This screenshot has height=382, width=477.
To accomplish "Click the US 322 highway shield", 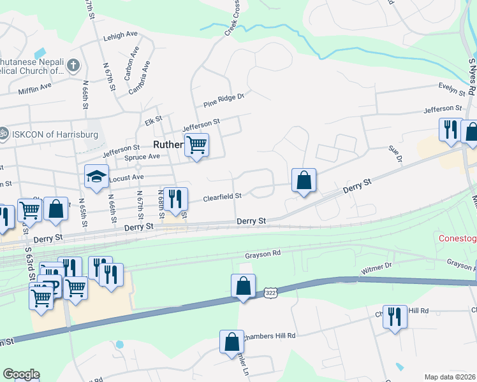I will tap(269, 292).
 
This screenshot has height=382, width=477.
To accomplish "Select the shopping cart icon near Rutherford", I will tap(196, 145).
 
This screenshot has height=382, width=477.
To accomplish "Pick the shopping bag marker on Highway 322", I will tap(244, 286).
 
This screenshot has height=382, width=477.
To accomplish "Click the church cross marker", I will tap(73, 65).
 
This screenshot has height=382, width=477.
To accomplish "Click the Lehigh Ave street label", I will tap(121, 36).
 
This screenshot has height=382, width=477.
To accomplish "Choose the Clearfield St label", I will tap(222, 197).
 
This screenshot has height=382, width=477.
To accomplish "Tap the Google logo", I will tap(21, 374).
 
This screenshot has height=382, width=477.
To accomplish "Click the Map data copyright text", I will tap(450, 377).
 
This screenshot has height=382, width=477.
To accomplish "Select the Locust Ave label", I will tap(127, 178).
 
